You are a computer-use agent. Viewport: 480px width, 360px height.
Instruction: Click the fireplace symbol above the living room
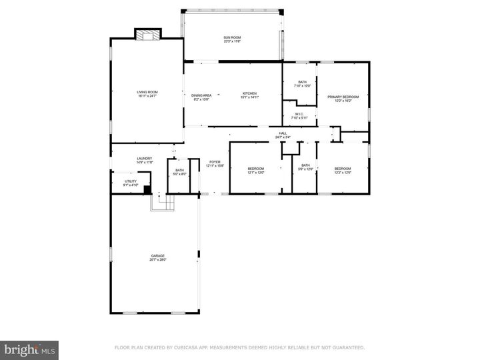click(x=148, y=34)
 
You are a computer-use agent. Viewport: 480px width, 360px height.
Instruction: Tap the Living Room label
click(x=147, y=94)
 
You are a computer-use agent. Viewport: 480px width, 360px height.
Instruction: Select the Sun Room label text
click(x=232, y=39)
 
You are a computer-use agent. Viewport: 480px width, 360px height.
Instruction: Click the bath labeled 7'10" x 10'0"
click(x=303, y=84)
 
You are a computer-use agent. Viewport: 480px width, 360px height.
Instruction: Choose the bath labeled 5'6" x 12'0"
click(x=305, y=167)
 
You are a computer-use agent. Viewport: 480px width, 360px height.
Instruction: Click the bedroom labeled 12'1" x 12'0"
click(x=256, y=170)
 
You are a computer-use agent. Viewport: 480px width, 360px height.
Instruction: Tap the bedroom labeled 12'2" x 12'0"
click(x=343, y=170)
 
